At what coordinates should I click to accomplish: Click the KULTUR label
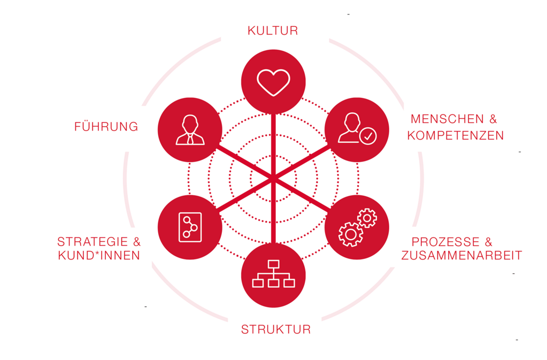[x=273, y=30]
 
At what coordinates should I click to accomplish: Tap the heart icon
[x=274, y=82]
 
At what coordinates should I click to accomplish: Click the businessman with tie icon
[x=190, y=130]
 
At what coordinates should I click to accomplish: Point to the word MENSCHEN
[x=447, y=119]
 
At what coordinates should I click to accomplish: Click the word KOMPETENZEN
[x=456, y=135]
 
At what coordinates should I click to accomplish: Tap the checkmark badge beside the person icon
[x=368, y=136]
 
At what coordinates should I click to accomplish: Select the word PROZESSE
[x=445, y=242]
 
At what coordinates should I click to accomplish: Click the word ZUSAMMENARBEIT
[x=461, y=255]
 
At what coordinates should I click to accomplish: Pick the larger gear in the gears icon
[x=351, y=235]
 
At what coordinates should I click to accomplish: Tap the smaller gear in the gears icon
[x=367, y=218]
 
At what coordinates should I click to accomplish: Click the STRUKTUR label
[x=276, y=330]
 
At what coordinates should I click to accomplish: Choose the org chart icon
[x=274, y=274]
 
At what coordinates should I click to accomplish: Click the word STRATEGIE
[x=93, y=242]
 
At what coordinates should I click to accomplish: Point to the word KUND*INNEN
[x=99, y=255]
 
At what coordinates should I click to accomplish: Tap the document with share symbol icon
[x=190, y=227]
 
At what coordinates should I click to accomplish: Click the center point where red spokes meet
[x=274, y=179]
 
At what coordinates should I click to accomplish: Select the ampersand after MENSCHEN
[x=493, y=119]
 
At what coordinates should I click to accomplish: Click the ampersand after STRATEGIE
[x=137, y=242]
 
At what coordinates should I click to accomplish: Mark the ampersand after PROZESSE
[x=488, y=242]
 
